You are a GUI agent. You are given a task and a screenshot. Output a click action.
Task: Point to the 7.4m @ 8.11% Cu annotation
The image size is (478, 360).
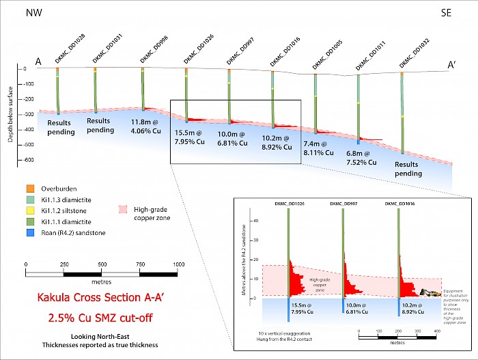point(318,148)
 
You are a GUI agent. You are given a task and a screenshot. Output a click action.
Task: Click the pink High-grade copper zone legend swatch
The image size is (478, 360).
point(123,210)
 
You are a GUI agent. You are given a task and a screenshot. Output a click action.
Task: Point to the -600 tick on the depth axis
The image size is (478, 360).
point(27,161)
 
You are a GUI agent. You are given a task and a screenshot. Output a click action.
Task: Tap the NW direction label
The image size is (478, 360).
point(33,12)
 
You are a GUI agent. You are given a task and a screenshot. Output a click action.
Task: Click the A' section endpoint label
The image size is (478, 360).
point(451,65)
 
